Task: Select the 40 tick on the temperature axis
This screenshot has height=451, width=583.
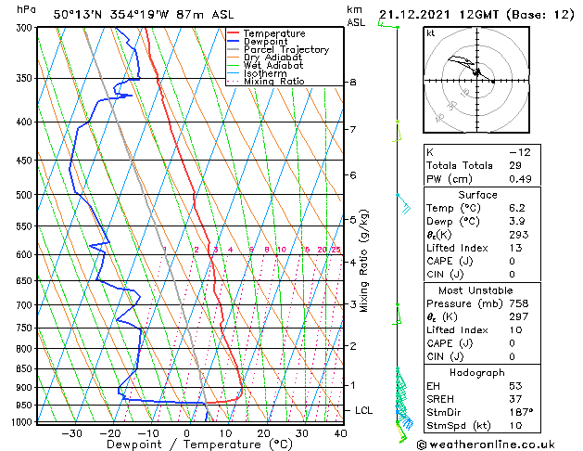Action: coord(340,433)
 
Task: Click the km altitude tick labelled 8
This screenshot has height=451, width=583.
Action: coord(353,83)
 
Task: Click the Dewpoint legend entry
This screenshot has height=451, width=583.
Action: coord(268,42)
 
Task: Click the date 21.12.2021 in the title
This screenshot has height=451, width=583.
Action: coord(415,14)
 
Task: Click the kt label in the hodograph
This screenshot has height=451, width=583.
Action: coord(430,32)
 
